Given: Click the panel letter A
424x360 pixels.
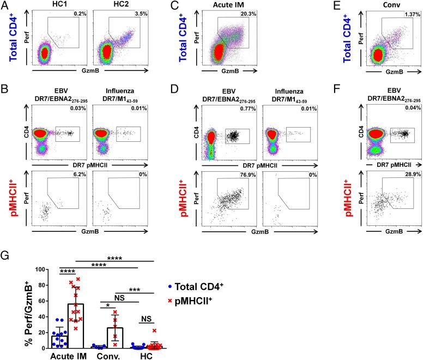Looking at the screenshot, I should pos(4,5).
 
